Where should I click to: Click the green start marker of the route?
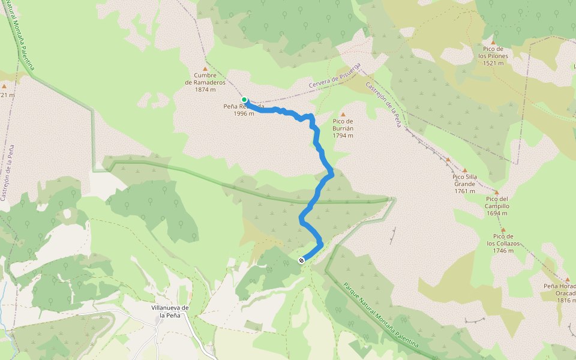(244, 100)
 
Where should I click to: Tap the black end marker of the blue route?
(301, 260)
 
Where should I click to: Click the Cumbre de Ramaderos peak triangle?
(205, 69)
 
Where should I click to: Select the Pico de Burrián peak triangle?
(343, 115)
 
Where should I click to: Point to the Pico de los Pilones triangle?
(493, 43)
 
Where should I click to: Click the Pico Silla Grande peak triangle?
(464, 170)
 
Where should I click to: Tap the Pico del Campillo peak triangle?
(496, 193)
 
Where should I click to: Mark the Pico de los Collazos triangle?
(503, 230)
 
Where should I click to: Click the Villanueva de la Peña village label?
(170, 311)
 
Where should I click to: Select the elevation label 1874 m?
(205, 90)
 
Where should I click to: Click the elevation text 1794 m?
(343, 136)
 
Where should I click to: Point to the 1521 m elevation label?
(493, 63)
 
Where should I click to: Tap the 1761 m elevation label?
(464, 191)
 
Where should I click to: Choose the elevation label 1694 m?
(497, 213)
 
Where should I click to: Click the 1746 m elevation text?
(503, 251)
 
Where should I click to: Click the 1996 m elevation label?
(244, 113)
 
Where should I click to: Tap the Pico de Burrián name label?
(343, 128)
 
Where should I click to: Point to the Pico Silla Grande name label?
(464, 181)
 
